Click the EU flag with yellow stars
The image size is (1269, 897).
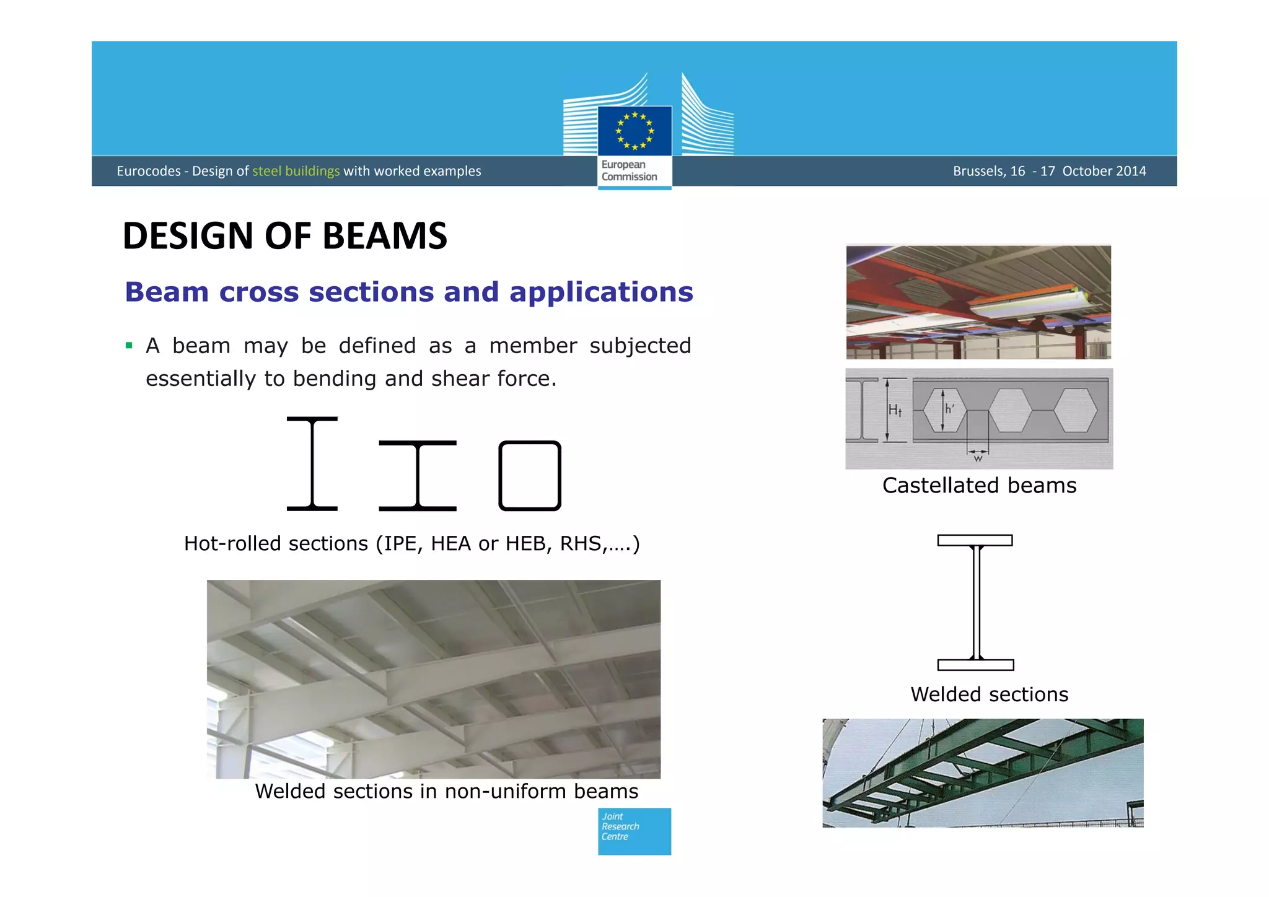click(x=634, y=131)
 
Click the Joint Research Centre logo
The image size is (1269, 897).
click(x=634, y=831)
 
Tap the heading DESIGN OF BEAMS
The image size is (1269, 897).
click(x=285, y=236)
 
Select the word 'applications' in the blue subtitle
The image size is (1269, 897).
click(x=600, y=292)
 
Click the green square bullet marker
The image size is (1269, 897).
click(x=129, y=346)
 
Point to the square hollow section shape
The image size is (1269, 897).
click(x=530, y=476)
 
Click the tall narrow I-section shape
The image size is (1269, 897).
click(x=312, y=463)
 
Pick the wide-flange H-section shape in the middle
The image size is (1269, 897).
click(x=418, y=476)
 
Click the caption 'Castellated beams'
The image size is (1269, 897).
click(x=979, y=485)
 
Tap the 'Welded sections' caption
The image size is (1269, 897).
click(x=989, y=694)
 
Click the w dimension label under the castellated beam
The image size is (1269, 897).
click(x=978, y=459)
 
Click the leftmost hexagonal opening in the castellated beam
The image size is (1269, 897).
click(x=944, y=410)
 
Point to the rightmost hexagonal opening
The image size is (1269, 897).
click(x=1075, y=410)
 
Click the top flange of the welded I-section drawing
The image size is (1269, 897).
click(x=975, y=540)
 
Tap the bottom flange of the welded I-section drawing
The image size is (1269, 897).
click(x=975, y=665)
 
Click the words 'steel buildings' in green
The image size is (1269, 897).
click(x=296, y=171)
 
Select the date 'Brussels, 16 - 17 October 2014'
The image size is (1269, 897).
click(x=1049, y=171)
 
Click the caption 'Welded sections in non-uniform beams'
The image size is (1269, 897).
click(x=446, y=791)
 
